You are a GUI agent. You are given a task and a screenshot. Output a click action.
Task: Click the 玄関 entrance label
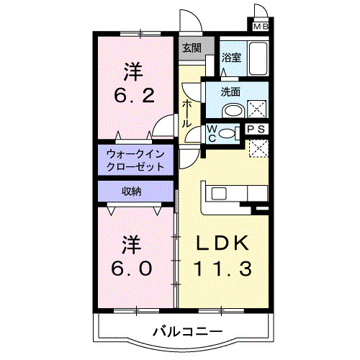[x=190, y=49]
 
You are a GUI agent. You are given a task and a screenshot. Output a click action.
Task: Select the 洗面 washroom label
[x=230, y=91]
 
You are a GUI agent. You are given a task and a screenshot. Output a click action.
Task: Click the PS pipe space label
[x=256, y=130]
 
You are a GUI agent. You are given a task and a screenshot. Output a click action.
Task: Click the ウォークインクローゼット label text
[x=136, y=159]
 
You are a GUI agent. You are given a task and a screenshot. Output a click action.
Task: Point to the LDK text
[x=222, y=243]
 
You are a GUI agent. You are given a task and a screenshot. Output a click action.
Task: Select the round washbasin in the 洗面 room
[x=232, y=110]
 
